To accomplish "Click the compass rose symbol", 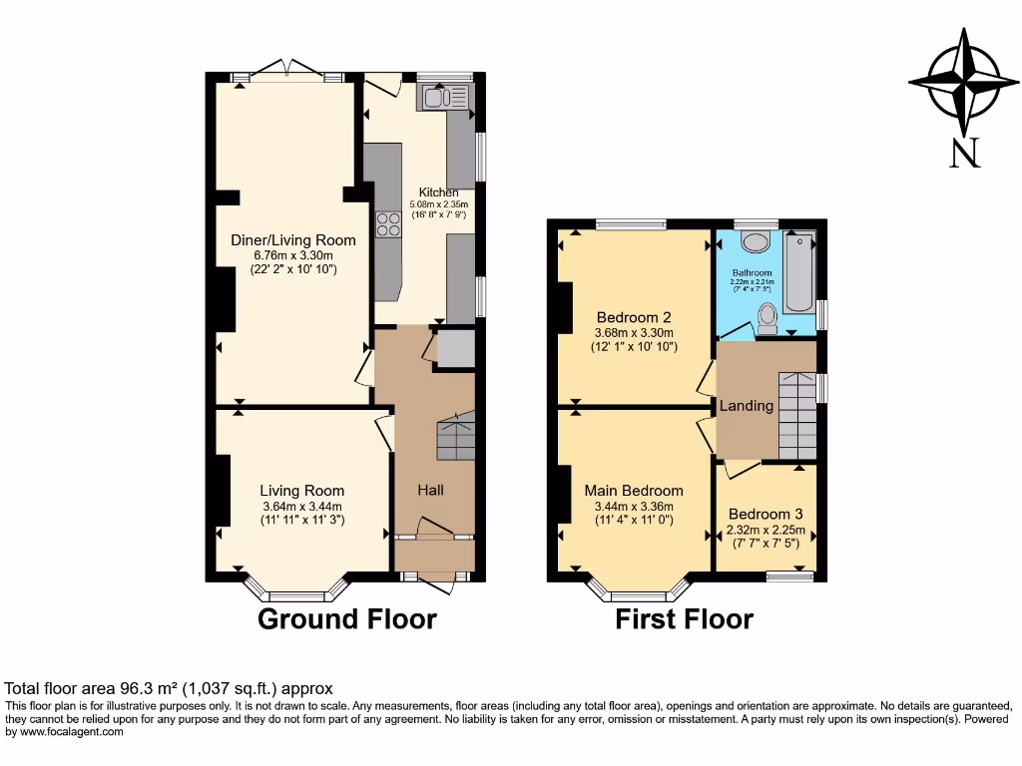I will tap(963, 83).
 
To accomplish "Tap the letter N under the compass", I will tap(964, 153).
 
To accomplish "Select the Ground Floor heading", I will tap(347, 619).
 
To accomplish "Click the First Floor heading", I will tap(684, 619).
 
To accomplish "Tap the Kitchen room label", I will tap(438, 192).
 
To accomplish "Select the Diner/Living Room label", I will tap(292, 240).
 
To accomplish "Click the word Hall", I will tap(430, 490).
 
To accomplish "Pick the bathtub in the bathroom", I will tap(798, 272).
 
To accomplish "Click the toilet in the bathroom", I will tap(767, 317).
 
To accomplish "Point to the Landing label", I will tap(747, 406).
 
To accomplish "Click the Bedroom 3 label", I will tap(766, 515).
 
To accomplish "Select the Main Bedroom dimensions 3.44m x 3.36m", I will tap(634, 506).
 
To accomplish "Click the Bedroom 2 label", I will tap(634, 317).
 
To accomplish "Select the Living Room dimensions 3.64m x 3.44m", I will tap(301, 506).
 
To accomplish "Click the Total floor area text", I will tap(169, 688).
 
